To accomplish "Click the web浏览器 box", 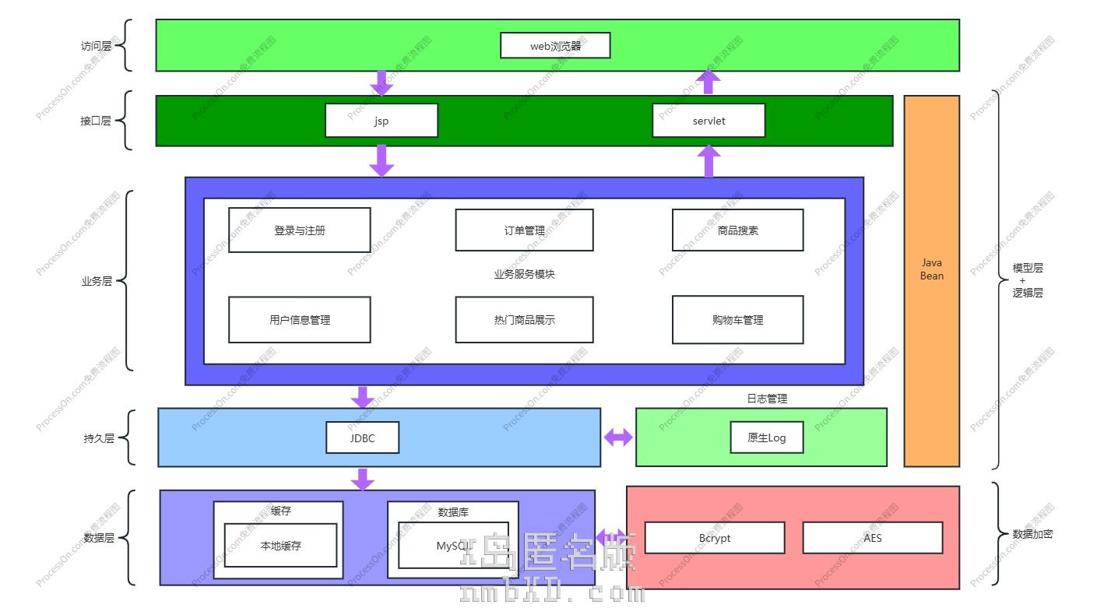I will [x=554, y=45].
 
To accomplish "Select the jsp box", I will [x=381, y=121].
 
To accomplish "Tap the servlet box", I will [x=708, y=121].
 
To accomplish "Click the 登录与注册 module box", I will [x=299, y=230].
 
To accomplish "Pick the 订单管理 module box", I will [x=524, y=230].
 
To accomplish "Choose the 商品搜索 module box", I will [x=737, y=230].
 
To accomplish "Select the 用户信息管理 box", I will [x=299, y=320].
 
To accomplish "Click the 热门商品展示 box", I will [x=524, y=320].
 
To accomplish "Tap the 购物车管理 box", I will [x=737, y=320].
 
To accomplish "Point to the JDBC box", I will [x=362, y=438].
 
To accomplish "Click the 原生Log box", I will [x=766, y=438].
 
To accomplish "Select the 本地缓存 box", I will [x=280, y=546].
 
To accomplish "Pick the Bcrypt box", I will [x=714, y=538].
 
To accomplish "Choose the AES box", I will [x=872, y=538].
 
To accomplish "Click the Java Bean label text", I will [x=931, y=269].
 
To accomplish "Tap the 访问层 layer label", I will [x=96, y=46].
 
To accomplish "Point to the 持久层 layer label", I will [x=99, y=438].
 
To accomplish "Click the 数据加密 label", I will [x=1032, y=534].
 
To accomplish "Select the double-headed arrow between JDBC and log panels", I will [x=618, y=438].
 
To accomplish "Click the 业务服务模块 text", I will [x=524, y=274].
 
